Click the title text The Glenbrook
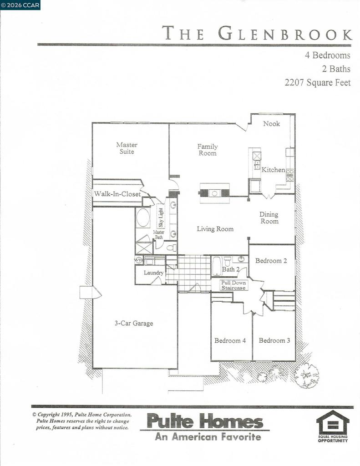(257, 34)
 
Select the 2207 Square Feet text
(318, 83)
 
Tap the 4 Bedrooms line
(328, 56)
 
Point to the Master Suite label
(127, 148)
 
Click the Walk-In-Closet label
(117, 194)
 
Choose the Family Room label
(207, 150)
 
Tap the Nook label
(272, 124)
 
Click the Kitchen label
(273, 170)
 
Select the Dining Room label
(269, 218)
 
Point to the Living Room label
(215, 229)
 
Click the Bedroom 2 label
(271, 261)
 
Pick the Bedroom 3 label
(274, 340)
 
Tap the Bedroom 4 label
(230, 340)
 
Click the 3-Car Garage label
(133, 324)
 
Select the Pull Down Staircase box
(233, 285)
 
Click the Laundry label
(153, 273)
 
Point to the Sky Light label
(161, 217)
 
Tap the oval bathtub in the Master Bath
(143, 218)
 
